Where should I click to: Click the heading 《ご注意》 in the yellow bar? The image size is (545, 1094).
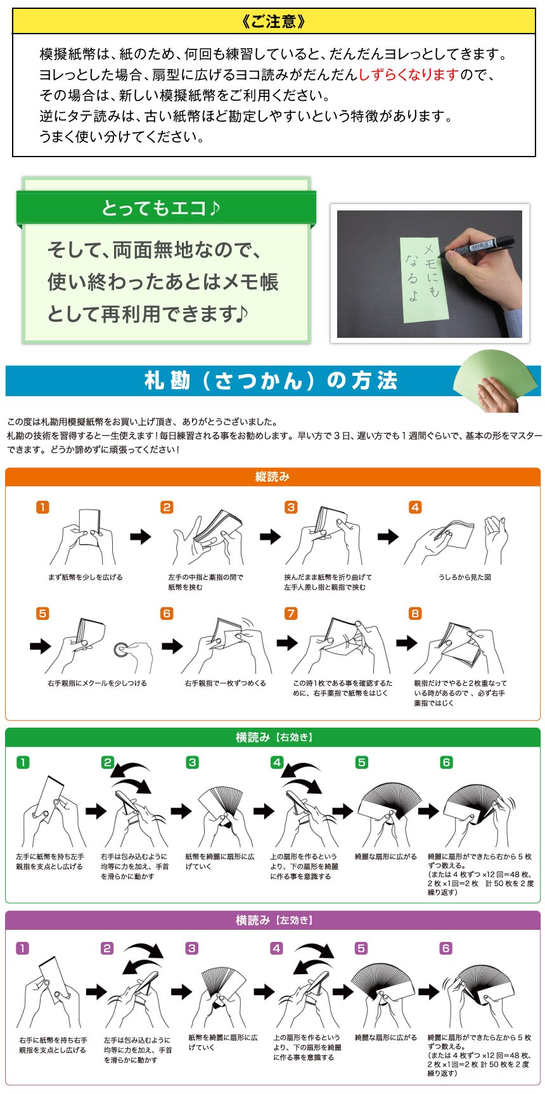pos(274,22)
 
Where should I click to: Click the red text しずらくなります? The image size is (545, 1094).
pos(408,75)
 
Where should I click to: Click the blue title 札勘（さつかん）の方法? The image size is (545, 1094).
pos(271,380)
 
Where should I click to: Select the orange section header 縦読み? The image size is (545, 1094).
pos(272,477)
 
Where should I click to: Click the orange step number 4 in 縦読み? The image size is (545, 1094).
pos(415,507)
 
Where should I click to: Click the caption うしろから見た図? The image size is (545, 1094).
pos(465,577)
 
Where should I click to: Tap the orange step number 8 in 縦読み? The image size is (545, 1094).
pos(415,614)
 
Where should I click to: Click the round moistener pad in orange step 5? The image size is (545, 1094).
pos(122,649)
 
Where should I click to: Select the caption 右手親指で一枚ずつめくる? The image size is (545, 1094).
pos(225,683)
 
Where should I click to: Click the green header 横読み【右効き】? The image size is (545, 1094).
pos(274,737)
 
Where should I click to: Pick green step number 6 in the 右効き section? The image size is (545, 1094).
pos(447,763)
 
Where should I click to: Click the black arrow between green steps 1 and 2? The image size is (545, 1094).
pos(96,811)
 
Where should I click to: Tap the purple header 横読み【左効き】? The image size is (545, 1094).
pos(274,920)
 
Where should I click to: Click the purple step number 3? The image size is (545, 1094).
pos(192,948)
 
